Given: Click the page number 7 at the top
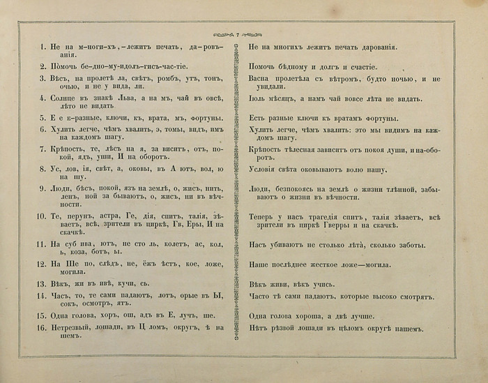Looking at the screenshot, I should [x=238, y=35].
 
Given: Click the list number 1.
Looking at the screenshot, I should [x=43, y=47].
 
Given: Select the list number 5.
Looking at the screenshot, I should [x=43, y=118].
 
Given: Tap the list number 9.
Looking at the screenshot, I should [x=43, y=188].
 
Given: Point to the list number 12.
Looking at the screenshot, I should [x=42, y=264].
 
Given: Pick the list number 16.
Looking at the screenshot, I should [x=42, y=328].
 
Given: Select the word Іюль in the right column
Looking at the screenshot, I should [x=259, y=98].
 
